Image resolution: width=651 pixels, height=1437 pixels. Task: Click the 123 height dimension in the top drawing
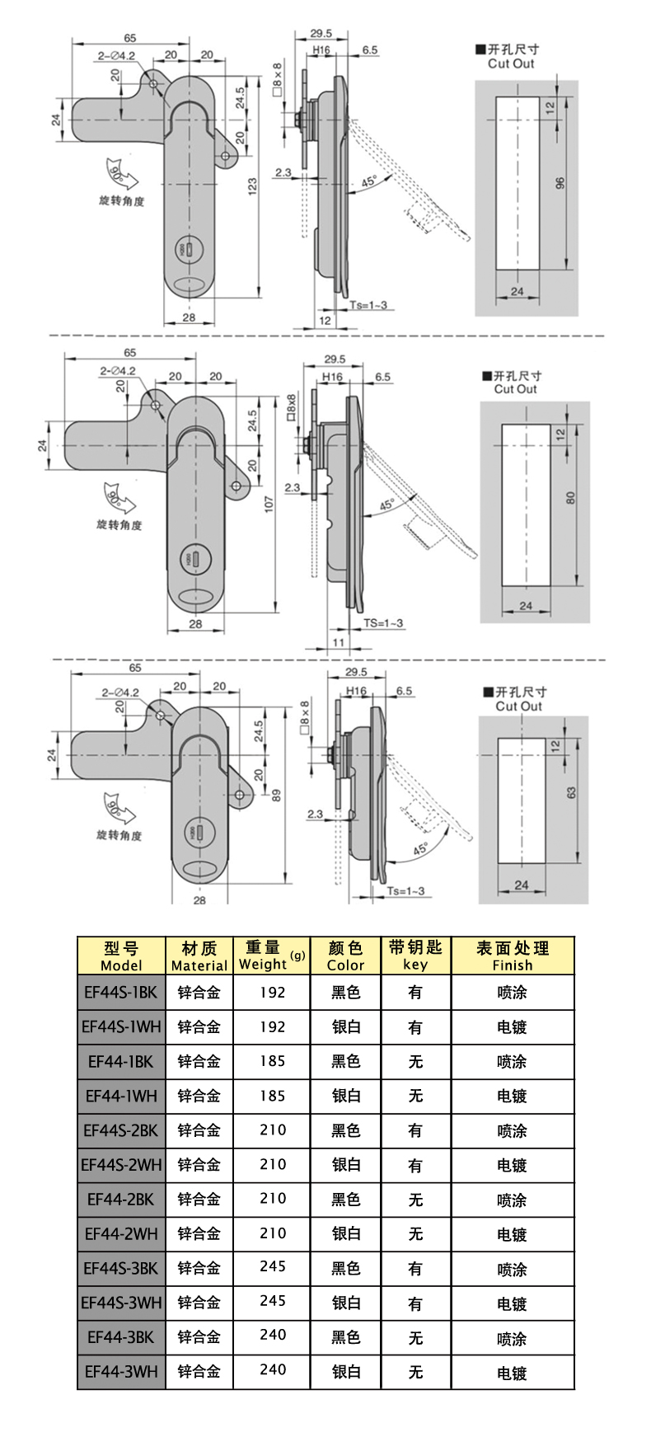pos(252,185)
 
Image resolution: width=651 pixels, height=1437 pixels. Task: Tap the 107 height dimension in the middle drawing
pos(269,504)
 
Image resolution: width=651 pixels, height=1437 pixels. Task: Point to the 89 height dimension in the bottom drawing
pos(276,795)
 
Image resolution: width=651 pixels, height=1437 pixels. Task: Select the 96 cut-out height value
pos(560,182)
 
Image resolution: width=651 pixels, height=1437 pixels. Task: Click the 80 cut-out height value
pos(570,497)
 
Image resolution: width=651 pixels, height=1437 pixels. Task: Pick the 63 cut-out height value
pos(571,791)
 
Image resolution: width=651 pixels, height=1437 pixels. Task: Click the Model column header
pos(121,956)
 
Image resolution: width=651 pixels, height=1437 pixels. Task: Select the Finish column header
pos(512,956)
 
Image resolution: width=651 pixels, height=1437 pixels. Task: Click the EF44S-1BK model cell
pos(121,993)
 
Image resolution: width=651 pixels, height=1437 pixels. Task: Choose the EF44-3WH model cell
pos(121,1372)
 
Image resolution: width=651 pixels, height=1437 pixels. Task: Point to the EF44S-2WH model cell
pos(121,1165)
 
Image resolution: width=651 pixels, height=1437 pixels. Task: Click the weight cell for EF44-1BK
pos(272,1061)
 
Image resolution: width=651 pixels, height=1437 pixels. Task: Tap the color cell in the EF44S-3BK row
pos(345,1268)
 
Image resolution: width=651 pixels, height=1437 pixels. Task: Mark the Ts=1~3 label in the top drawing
pos(368,305)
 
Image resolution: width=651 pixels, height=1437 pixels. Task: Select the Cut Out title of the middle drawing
pos(515,389)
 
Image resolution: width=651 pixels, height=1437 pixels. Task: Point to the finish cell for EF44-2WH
pos(512,1234)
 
